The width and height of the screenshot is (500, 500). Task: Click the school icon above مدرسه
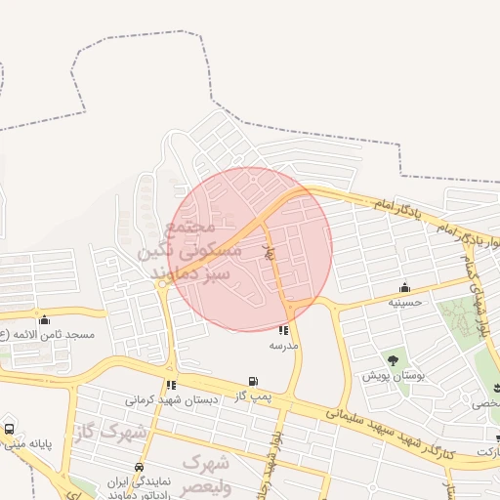283,331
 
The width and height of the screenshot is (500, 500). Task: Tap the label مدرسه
283,346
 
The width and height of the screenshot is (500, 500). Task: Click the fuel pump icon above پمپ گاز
254,381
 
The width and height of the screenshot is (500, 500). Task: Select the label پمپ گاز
254,396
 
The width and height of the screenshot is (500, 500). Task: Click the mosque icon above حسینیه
404,287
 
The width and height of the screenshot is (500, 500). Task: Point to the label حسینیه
404,302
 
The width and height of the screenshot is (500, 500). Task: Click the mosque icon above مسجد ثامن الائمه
43,319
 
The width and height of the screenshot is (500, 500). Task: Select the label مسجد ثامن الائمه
49,334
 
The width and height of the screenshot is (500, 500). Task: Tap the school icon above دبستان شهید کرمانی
171,385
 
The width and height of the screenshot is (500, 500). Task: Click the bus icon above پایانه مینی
9,428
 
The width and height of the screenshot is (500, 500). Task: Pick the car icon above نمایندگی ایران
140,467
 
